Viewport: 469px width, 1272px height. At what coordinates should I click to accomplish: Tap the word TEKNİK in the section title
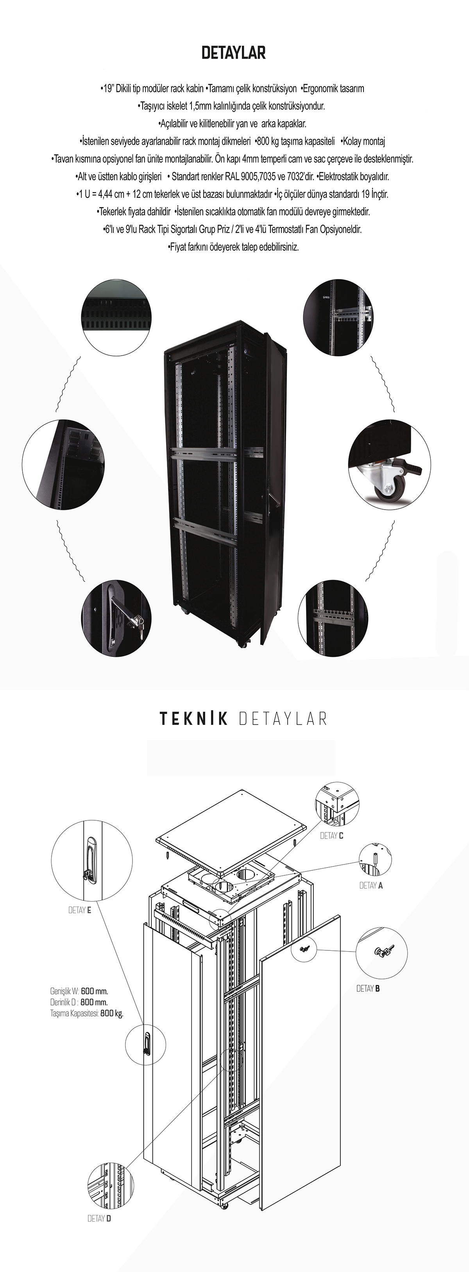[x=193, y=719]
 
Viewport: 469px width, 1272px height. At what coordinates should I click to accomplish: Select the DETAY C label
[x=332, y=835]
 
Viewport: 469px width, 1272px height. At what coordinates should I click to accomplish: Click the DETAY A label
[x=371, y=886]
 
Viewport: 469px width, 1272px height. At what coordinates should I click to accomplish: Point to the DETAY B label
[x=368, y=989]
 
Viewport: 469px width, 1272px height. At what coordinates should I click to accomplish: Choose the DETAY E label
[x=79, y=910]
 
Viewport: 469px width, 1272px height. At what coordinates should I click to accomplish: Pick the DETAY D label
[x=99, y=1218]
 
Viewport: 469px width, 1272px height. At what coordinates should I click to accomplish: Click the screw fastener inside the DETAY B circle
[x=383, y=952]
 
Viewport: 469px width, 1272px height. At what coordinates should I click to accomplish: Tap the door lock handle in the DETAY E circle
[x=91, y=860]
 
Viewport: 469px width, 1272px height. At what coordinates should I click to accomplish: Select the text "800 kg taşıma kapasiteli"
[x=295, y=141]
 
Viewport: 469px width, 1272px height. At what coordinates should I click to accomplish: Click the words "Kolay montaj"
[x=364, y=141]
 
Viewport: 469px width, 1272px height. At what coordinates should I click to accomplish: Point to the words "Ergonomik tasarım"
[x=332, y=89]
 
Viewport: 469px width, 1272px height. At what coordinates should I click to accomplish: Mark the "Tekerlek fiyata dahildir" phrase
[x=133, y=212]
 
